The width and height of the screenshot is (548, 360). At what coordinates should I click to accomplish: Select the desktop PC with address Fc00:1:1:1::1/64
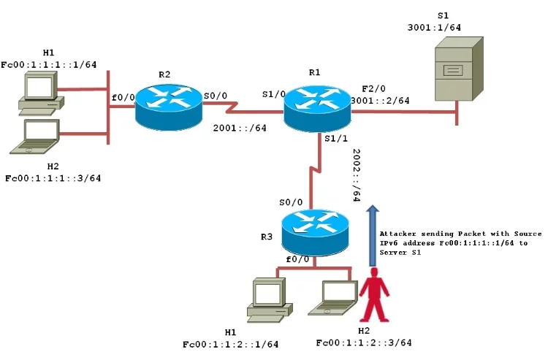(40, 95)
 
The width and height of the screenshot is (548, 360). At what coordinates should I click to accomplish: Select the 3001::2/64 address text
(380, 100)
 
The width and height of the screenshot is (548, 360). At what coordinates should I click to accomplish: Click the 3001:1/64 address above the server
(434, 27)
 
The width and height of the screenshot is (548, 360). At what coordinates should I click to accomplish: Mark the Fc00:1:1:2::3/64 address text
(364, 342)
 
